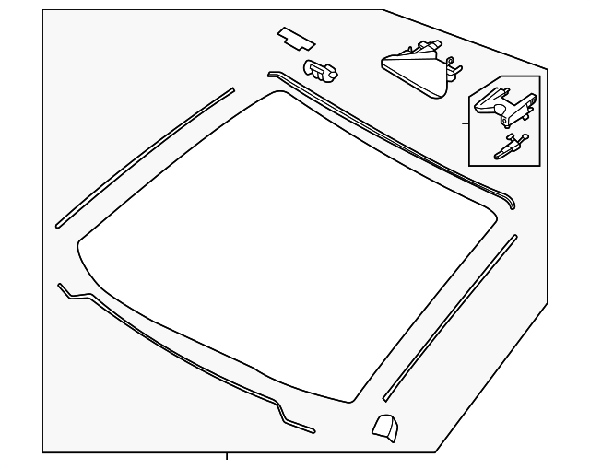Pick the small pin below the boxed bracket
pyautogui.click(x=510, y=146)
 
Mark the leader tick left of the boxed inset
pyautogui.click(x=465, y=122)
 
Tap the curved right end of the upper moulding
pyautogui.click(x=512, y=202)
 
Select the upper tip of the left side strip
pyautogui.click(x=232, y=90)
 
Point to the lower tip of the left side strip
pyautogui.click(x=58, y=224)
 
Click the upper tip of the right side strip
pyautogui.click(x=514, y=238)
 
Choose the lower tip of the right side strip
pyautogui.click(x=385, y=399)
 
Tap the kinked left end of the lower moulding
pyautogui.click(x=61, y=287)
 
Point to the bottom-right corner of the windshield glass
pyautogui.click(x=355, y=398)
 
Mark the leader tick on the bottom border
pyautogui.click(x=227, y=455)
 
